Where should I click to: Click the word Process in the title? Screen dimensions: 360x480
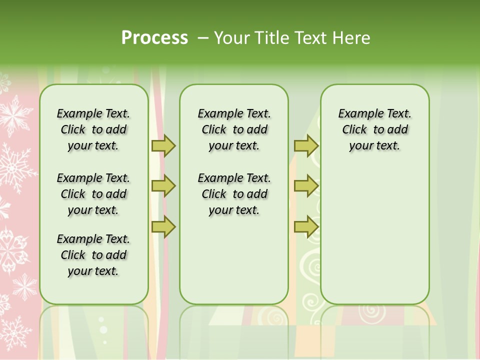(154, 37)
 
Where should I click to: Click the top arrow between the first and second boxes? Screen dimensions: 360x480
(163, 145)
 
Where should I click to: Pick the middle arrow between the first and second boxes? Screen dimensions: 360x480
(163, 186)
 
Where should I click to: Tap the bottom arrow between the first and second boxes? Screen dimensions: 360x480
(163, 227)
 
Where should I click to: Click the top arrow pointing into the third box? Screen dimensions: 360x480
(306, 145)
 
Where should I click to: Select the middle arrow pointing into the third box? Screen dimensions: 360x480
(306, 186)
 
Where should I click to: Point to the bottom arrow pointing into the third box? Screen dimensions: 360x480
(306, 227)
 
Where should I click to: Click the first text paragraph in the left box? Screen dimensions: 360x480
(93, 129)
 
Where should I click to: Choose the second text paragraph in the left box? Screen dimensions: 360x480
(93, 194)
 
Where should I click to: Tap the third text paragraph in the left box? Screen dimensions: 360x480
(93, 255)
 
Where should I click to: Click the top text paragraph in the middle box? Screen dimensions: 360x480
(234, 129)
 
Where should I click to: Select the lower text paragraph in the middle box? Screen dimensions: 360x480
(234, 194)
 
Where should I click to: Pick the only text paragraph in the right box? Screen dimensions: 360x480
(374, 129)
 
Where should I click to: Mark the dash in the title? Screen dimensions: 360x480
(203, 38)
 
